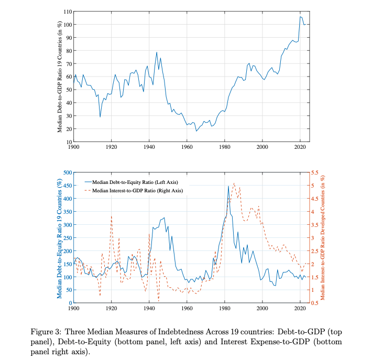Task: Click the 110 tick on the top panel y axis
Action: tap(67, 12)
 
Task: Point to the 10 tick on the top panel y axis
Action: tap(68, 142)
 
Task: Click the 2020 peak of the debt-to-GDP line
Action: tap(300, 17)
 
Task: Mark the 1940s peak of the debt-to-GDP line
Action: tap(157, 52)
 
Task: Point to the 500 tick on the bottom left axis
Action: tap(67, 172)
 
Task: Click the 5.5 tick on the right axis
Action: tap(315, 172)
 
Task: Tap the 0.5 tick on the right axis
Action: tap(315, 303)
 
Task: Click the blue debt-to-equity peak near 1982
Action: tap(228, 186)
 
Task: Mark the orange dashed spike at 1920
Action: tap(111, 215)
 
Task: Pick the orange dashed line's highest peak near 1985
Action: tap(234, 183)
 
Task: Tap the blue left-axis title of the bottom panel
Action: tap(59, 238)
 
